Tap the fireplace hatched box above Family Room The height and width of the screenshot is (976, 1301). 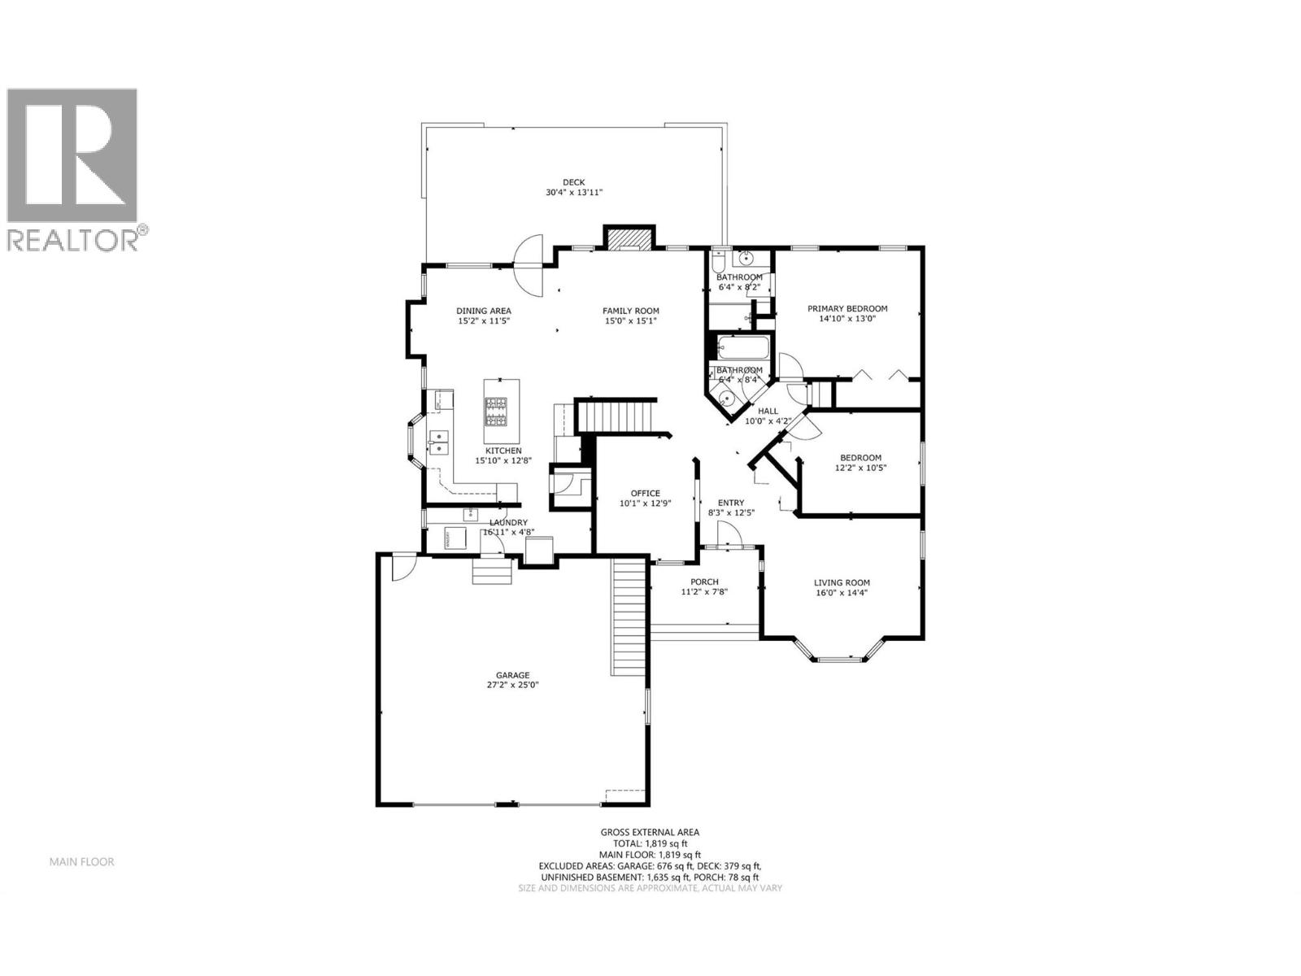(629, 237)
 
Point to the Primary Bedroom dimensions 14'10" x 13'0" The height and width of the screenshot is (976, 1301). (846, 320)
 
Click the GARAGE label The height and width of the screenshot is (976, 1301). (513, 675)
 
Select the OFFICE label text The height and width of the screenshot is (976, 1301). (646, 493)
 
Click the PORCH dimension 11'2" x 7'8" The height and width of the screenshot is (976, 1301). (703, 592)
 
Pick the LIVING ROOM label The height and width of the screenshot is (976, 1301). (842, 582)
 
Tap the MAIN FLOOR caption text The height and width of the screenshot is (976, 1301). (81, 861)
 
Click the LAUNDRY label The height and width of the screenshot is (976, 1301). (508, 522)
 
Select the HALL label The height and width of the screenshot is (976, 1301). (768, 411)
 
